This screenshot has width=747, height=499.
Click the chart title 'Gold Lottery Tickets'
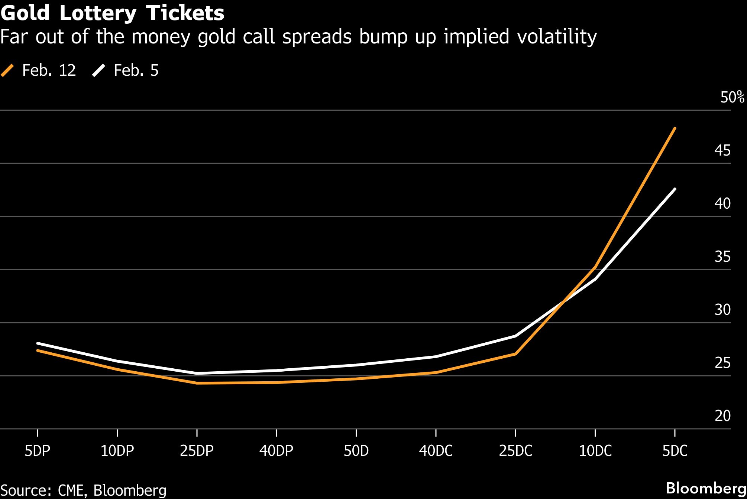click(x=112, y=13)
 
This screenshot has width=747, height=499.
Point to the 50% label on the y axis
click(x=732, y=97)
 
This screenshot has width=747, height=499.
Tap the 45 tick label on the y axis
click(x=722, y=150)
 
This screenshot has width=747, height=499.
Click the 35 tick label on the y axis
click(x=722, y=257)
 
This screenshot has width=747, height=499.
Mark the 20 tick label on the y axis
click(x=722, y=416)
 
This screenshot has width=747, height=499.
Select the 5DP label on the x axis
click(x=38, y=451)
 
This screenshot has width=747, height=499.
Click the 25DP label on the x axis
click(x=197, y=451)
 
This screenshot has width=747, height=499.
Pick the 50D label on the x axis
click(x=356, y=451)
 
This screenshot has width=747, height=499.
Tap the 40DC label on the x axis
click(x=436, y=451)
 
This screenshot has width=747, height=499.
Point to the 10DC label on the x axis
click(x=595, y=451)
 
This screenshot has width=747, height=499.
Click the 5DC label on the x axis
click(x=675, y=451)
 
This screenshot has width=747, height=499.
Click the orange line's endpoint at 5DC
click(x=675, y=128)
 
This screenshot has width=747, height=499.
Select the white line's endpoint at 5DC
click(x=675, y=189)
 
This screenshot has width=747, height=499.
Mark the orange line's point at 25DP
click(x=197, y=383)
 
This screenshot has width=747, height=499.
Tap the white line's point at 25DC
click(x=515, y=336)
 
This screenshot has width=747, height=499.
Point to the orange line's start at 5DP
click(x=38, y=350)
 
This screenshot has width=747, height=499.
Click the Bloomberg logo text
click(x=706, y=488)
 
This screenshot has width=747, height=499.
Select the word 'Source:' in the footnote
click(x=26, y=490)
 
